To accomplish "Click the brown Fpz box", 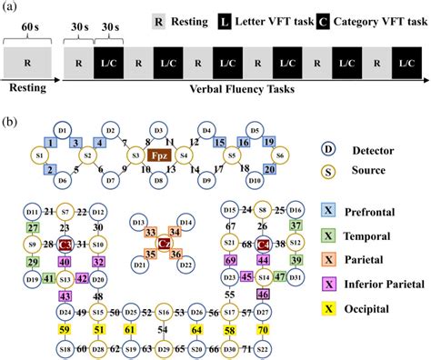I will [159, 155].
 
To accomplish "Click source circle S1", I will [40, 155].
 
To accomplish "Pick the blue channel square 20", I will [269, 169].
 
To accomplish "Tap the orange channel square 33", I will [151, 232].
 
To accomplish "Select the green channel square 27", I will [33, 227].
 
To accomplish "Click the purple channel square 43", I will [65, 295].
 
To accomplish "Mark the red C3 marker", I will [65, 245].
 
